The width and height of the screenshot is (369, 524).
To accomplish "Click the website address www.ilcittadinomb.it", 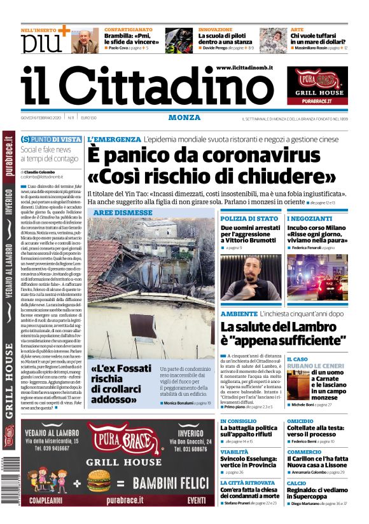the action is tap(244, 67).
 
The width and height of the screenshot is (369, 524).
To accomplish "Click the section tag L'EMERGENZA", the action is tap(114, 139).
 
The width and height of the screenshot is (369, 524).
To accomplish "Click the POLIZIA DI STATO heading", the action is tap(249, 218).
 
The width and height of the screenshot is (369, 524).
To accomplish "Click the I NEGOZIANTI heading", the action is tap(309, 218).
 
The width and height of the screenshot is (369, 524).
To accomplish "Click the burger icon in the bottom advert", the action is tap(95, 480).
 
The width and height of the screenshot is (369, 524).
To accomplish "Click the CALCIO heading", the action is tap(296, 483).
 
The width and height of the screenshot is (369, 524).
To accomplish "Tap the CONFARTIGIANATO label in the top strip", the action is tap(128, 29).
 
